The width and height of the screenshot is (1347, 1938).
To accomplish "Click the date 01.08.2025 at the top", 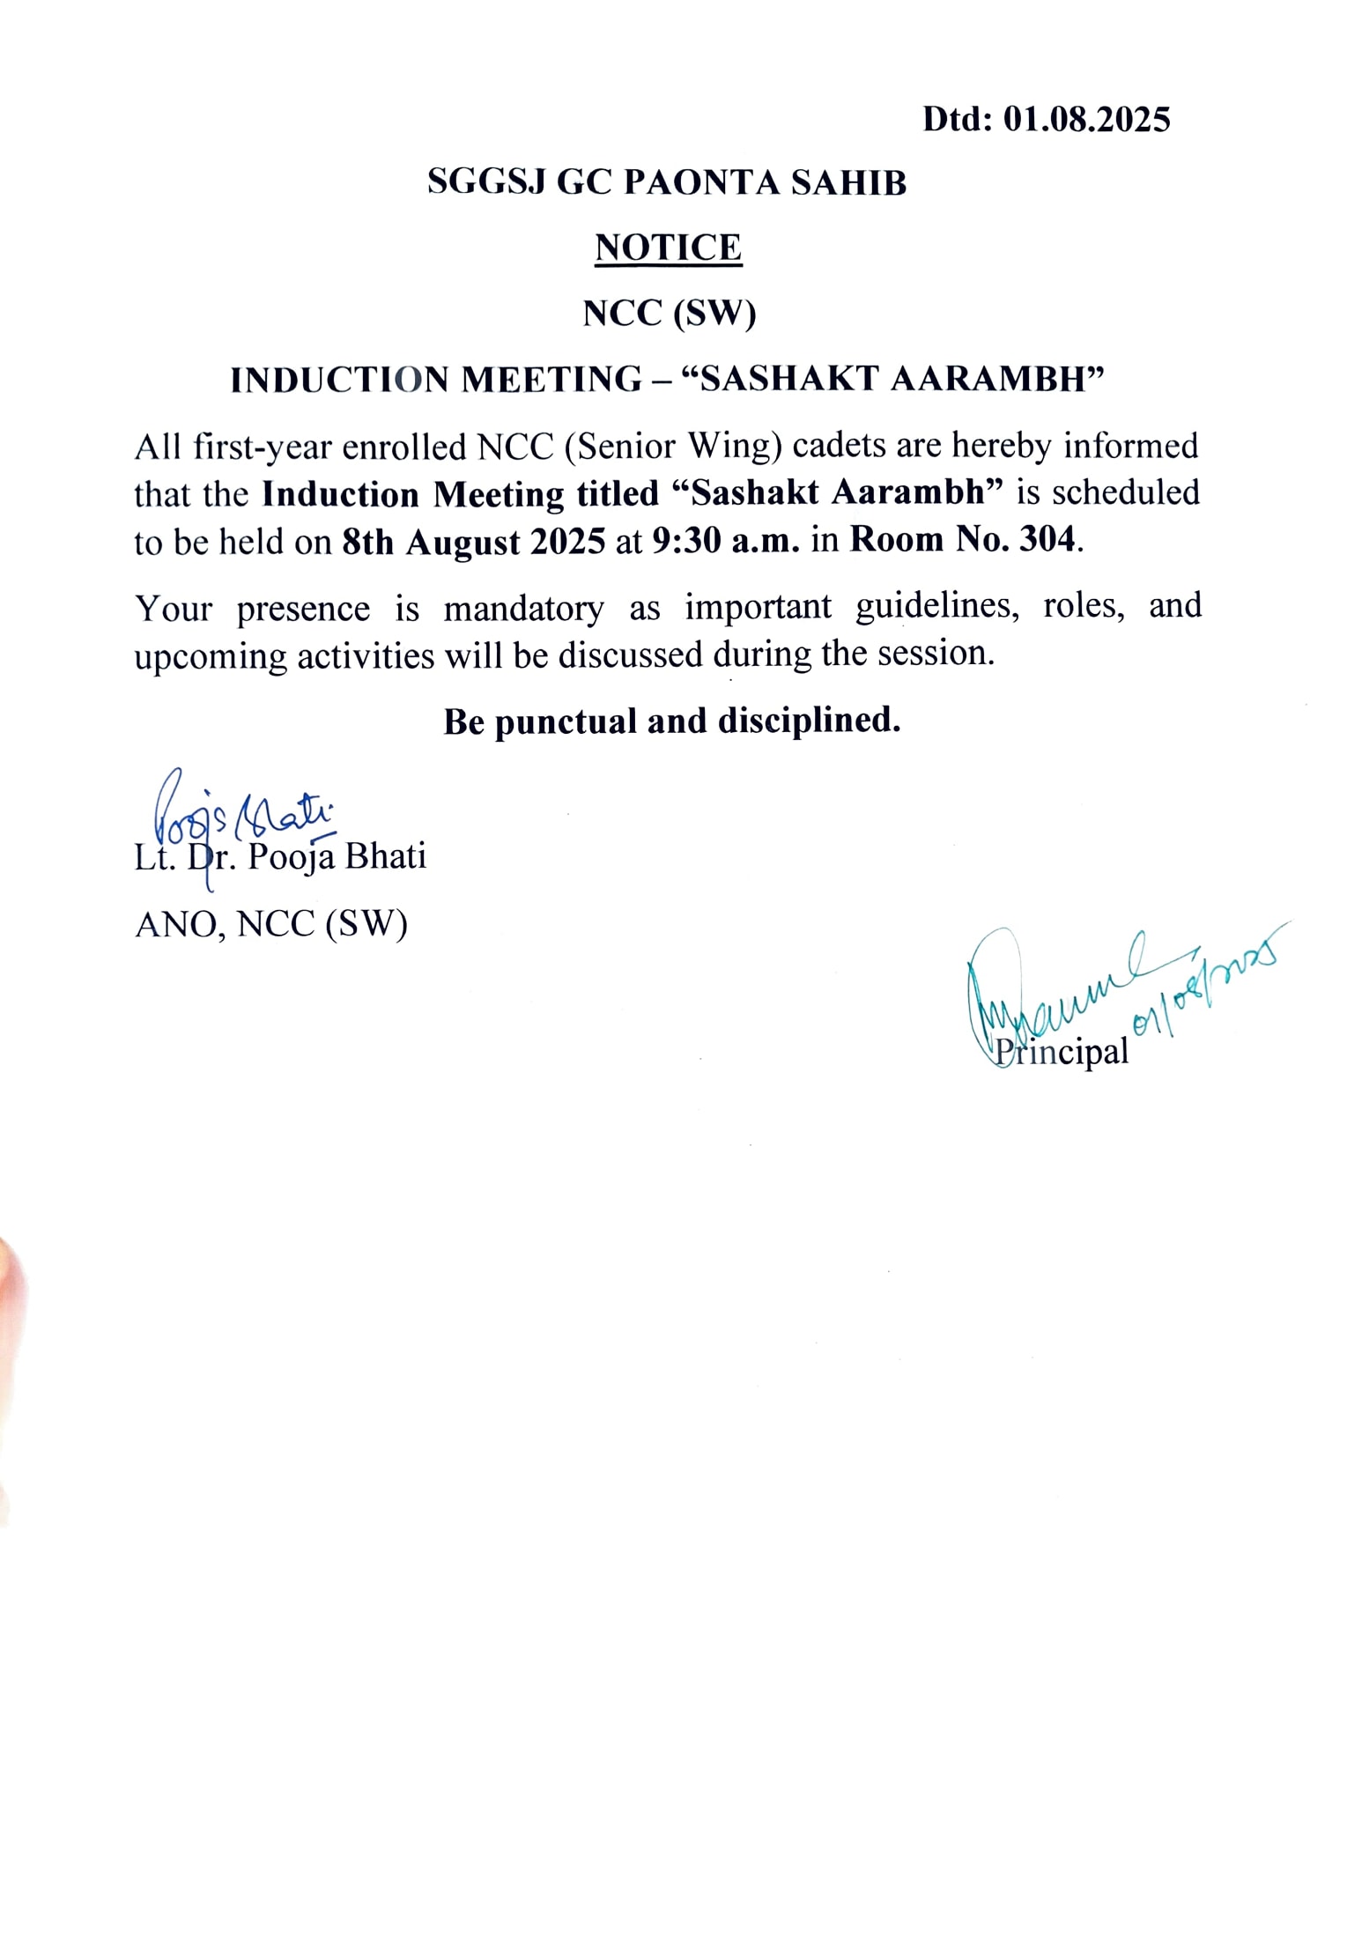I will [x=1086, y=119].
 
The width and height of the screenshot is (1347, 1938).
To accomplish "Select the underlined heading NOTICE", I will [x=668, y=248].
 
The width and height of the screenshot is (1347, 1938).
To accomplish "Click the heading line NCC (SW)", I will [x=669, y=314].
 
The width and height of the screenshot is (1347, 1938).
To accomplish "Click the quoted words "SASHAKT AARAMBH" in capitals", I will [x=893, y=379].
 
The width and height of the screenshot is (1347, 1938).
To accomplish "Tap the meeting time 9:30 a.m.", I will [x=726, y=540].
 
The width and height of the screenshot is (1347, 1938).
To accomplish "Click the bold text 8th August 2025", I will [x=474, y=542].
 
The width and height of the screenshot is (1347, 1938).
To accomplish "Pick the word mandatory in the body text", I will [x=523, y=609].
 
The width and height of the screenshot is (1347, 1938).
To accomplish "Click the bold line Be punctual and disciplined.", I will [x=671, y=721].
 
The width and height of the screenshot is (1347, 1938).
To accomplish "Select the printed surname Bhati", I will [x=385, y=856].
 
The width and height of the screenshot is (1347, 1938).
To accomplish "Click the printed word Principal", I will [x=1062, y=1052].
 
